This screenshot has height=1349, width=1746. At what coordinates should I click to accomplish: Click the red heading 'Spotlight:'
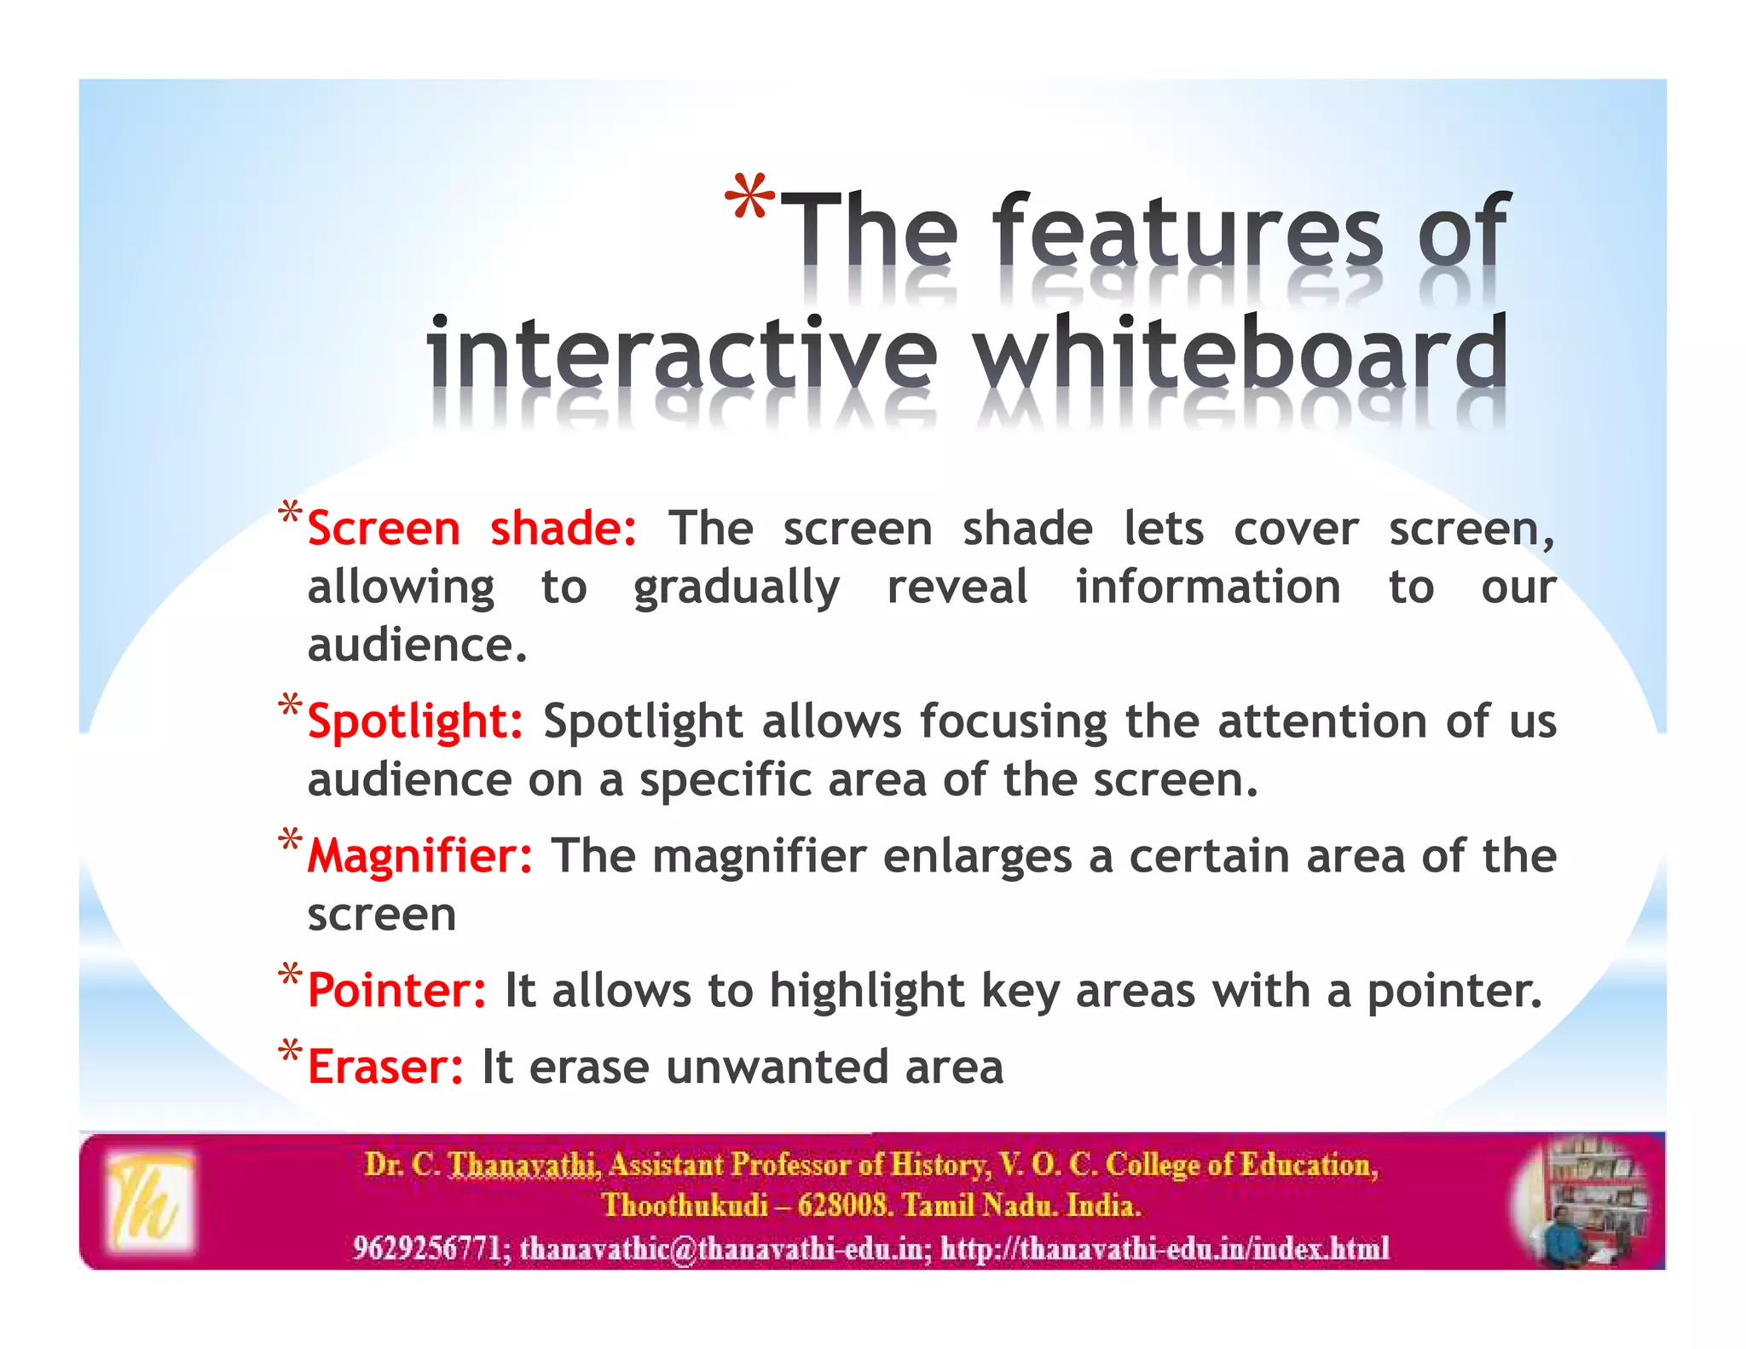414,722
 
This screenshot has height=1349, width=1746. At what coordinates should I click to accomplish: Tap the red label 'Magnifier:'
419,856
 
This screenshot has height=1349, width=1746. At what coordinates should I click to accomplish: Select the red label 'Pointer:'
396,991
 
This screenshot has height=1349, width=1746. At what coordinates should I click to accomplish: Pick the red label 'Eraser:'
385,1067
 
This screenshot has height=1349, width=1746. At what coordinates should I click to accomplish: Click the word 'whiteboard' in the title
1240,351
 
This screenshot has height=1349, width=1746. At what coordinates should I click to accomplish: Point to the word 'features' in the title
1187,230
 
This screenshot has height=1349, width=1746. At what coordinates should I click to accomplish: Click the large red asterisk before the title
749,199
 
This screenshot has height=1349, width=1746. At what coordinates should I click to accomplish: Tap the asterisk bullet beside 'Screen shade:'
290,514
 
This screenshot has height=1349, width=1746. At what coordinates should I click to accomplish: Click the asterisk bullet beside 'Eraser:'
290,1051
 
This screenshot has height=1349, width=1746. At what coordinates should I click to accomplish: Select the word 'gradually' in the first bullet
736,588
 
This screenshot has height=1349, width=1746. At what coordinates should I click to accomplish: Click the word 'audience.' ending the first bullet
417,646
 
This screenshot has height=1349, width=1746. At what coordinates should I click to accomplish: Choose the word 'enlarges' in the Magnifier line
977,856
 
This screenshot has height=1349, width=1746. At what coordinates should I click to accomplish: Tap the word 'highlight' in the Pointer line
866,991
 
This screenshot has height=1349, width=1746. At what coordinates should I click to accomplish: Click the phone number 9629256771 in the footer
426,1248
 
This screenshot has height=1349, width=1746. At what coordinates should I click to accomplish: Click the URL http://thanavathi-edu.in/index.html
1165,1248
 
